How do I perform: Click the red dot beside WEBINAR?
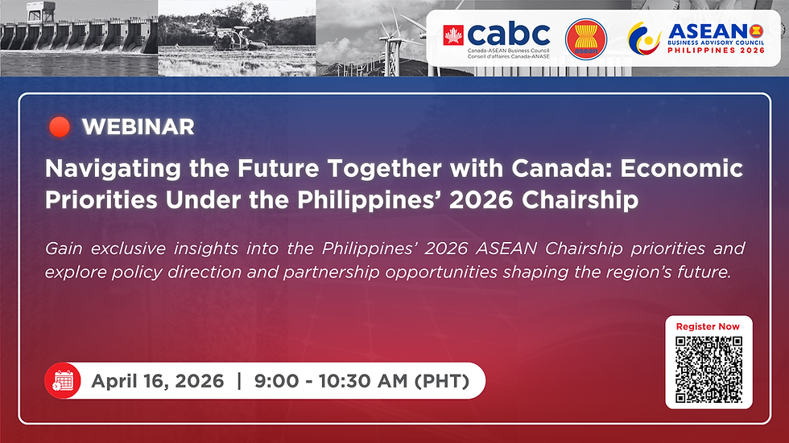pyautogui.click(x=59, y=127)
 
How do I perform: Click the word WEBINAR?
pyautogui.click(x=138, y=127)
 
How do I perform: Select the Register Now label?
pyautogui.click(x=708, y=326)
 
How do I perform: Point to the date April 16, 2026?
pyautogui.click(x=157, y=381)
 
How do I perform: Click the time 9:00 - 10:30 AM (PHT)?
pyautogui.click(x=361, y=381)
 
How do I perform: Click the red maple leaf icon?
pyautogui.click(x=454, y=35)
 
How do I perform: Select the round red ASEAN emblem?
pyautogui.click(x=585, y=39)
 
